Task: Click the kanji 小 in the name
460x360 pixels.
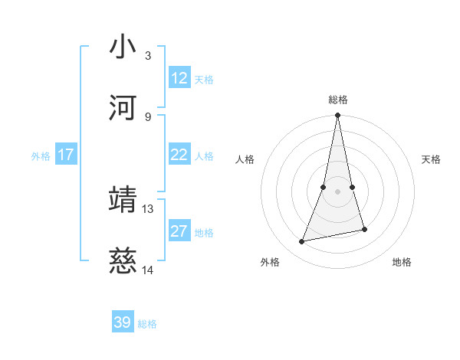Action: [x=123, y=47]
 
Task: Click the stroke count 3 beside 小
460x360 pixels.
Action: [x=148, y=56]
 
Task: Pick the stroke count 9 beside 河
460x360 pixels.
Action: [x=148, y=117]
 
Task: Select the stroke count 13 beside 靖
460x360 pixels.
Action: [x=148, y=208]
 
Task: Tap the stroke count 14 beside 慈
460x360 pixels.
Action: [x=148, y=270]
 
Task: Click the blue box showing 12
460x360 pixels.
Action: [x=179, y=78]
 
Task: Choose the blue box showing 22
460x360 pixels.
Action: [x=179, y=155]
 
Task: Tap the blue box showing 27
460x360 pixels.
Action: [x=179, y=231]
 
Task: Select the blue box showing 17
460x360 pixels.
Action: [x=66, y=155]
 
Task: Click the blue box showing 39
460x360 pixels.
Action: [x=123, y=322]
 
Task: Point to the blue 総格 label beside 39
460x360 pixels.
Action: [x=148, y=324]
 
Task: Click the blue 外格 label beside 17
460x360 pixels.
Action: [x=41, y=156]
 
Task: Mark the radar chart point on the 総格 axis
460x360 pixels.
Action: [x=337, y=116]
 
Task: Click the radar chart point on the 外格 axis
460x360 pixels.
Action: [x=302, y=242]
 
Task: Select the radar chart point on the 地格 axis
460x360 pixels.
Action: [x=364, y=229]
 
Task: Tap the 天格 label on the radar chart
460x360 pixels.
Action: [x=432, y=159]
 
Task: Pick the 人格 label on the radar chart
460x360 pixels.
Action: [x=245, y=159]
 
